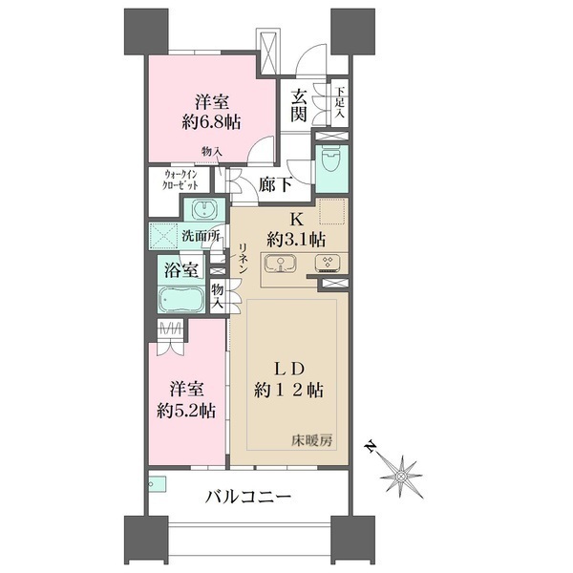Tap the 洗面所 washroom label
tap(202, 236)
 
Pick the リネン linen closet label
tap(244, 260)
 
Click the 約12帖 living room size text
tap(286, 390)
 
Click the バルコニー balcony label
tap(247, 498)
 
